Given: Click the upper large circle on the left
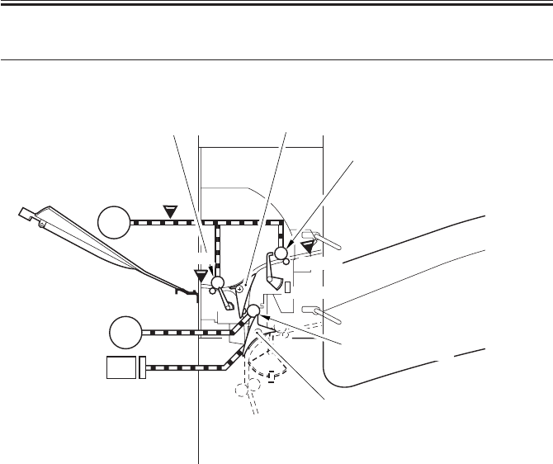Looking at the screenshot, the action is [x=114, y=222].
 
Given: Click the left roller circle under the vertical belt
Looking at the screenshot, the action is [x=218, y=283].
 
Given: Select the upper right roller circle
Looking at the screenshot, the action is [x=281, y=253].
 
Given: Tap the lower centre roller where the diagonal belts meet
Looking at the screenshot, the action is [x=253, y=311].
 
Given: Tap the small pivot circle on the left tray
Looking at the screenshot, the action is [x=39, y=222].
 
